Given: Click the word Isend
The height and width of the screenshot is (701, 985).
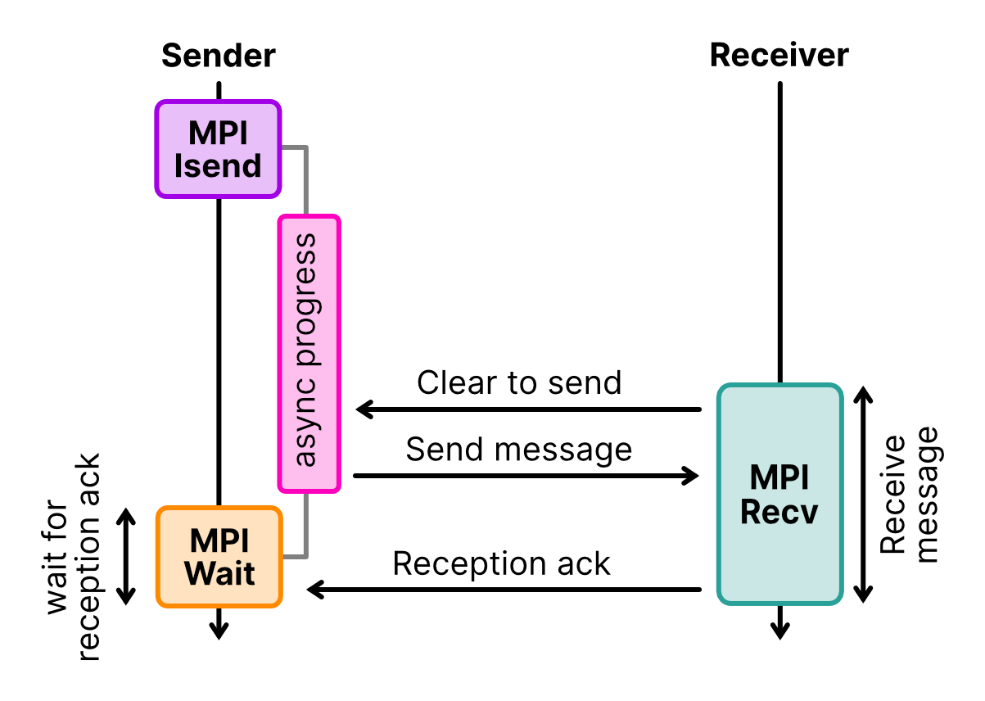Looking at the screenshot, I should point(218,165).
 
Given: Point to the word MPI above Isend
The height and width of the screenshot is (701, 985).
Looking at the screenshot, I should point(218,133).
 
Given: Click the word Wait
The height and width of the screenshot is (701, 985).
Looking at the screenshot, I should point(219,573).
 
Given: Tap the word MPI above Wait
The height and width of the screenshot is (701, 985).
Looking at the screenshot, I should point(219,541).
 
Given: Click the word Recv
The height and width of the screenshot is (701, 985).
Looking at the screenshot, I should point(779,512).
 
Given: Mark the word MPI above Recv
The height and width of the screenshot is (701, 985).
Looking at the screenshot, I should point(779,478).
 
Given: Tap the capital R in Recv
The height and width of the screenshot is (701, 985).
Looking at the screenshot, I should point(751,512).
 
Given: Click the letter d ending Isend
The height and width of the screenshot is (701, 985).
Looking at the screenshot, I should point(251,165).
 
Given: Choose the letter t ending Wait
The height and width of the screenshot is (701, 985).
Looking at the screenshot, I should point(249,573).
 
